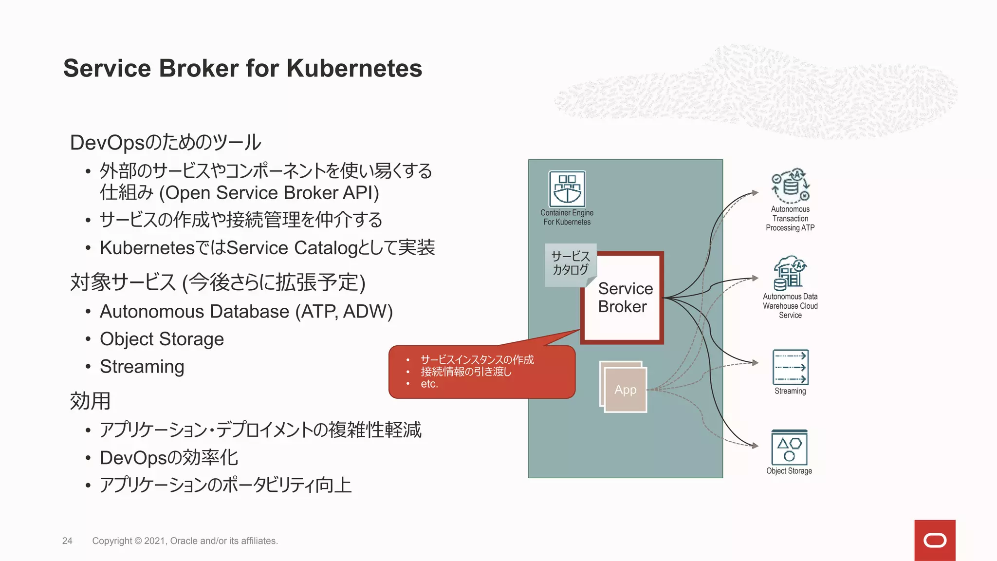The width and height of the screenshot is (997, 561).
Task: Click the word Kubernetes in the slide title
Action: [x=354, y=68]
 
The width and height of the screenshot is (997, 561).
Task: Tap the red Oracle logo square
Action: [x=935, y=540]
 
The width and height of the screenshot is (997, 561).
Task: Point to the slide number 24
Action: [x=67, y=541]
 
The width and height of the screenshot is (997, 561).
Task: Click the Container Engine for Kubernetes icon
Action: [x=567, y=189]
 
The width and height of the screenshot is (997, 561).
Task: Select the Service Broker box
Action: [x=623, y=298]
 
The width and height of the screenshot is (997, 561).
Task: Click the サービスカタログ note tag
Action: [x=570, y=263]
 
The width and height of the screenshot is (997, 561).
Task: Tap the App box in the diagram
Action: [x=625, y=389]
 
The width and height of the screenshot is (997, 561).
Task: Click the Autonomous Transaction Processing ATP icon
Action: [x=790, y=186]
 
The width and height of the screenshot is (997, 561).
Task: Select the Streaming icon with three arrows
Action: [x=790, y=367]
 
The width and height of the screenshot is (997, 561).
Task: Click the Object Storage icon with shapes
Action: [x=789, y=448]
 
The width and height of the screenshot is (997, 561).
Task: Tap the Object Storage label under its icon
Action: [x=789, y=471]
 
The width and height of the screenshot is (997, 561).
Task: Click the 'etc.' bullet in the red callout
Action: [x=429, y=384]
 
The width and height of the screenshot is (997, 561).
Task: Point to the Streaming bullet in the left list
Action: [x=142, y=367]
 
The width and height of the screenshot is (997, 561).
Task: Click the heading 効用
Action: [x=91, y=401]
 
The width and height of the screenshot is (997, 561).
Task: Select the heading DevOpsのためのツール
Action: [x=166, y=143]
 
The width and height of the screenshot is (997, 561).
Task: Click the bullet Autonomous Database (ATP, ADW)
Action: [x=246, y=312]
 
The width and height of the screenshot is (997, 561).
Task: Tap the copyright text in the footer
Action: [x=185, y=541]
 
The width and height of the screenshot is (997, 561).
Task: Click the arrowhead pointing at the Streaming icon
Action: [x=755, y=362]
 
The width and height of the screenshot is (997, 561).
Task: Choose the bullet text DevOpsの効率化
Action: [x=168, y=458]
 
